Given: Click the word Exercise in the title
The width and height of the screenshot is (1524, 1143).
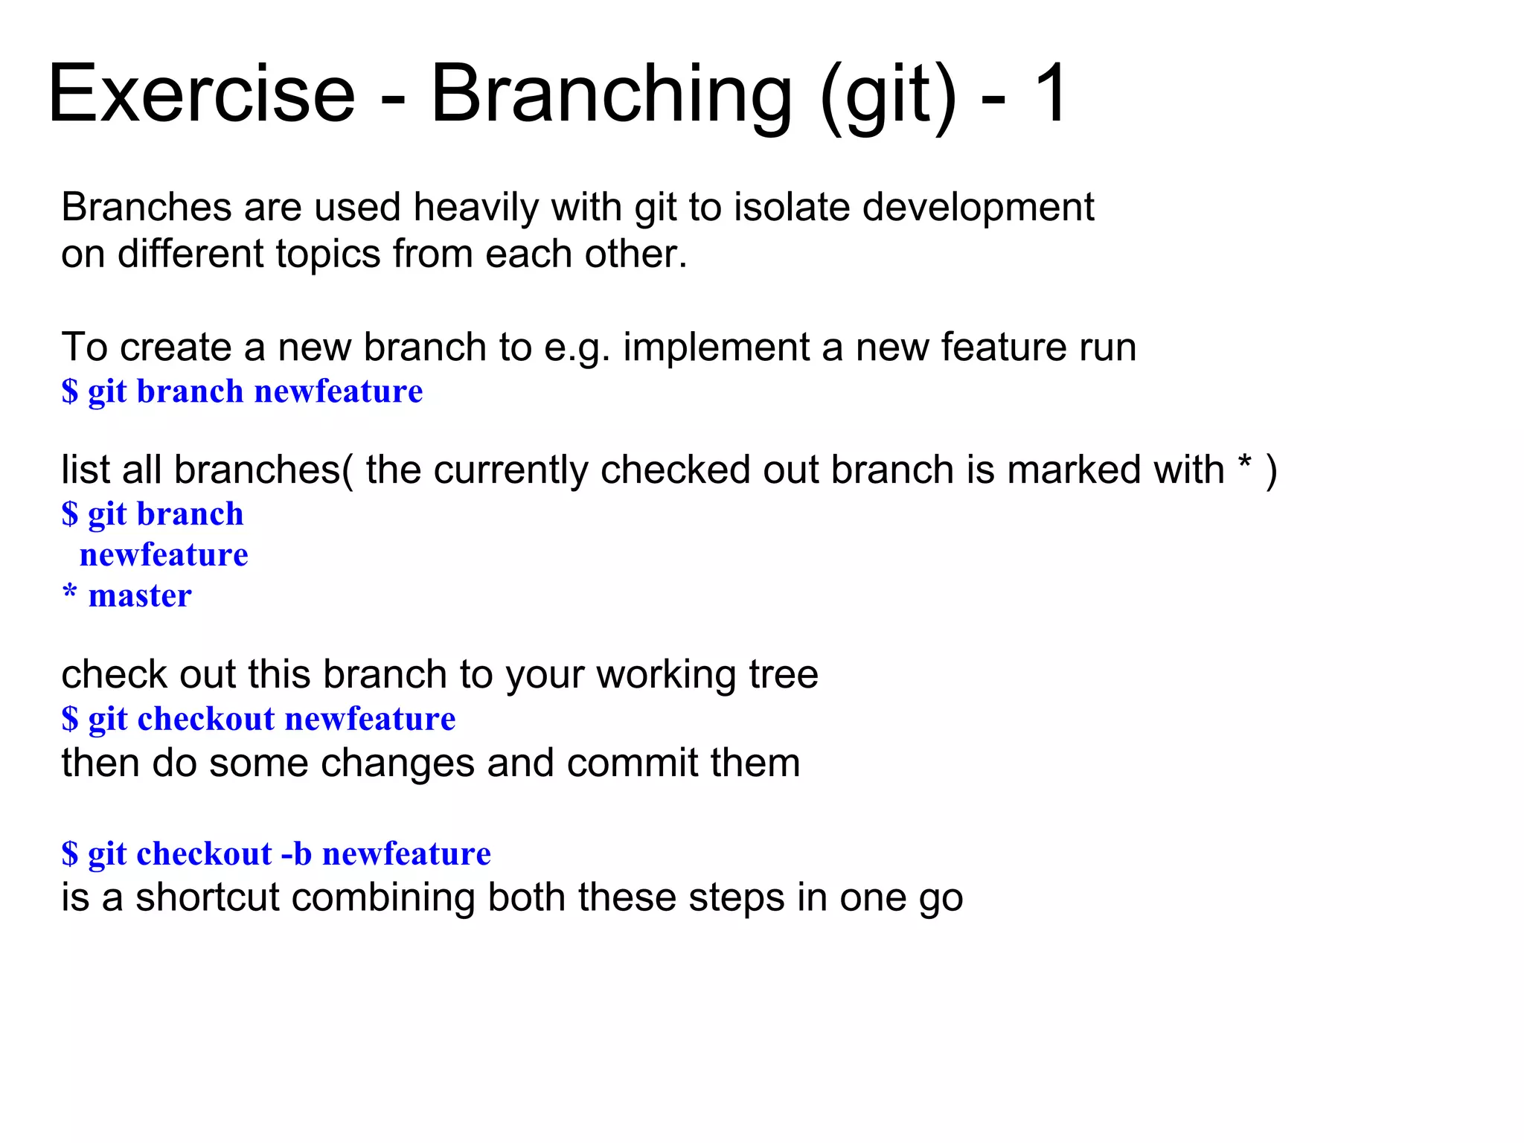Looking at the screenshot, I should click(x=201, y=95).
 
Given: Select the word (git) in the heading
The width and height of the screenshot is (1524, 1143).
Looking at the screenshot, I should click(x=888, y=97).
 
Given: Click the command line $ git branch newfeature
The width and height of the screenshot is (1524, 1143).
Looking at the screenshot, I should click(x=242, y=391).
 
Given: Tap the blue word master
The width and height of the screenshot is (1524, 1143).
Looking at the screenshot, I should click(x=140, y=596).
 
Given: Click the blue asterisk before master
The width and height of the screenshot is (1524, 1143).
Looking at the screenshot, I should click(x=69, y=593).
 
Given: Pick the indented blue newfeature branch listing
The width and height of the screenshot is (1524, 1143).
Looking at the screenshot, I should click(x=164, y=555).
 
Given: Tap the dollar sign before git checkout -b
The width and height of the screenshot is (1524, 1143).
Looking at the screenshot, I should click(x=69, y=854).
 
